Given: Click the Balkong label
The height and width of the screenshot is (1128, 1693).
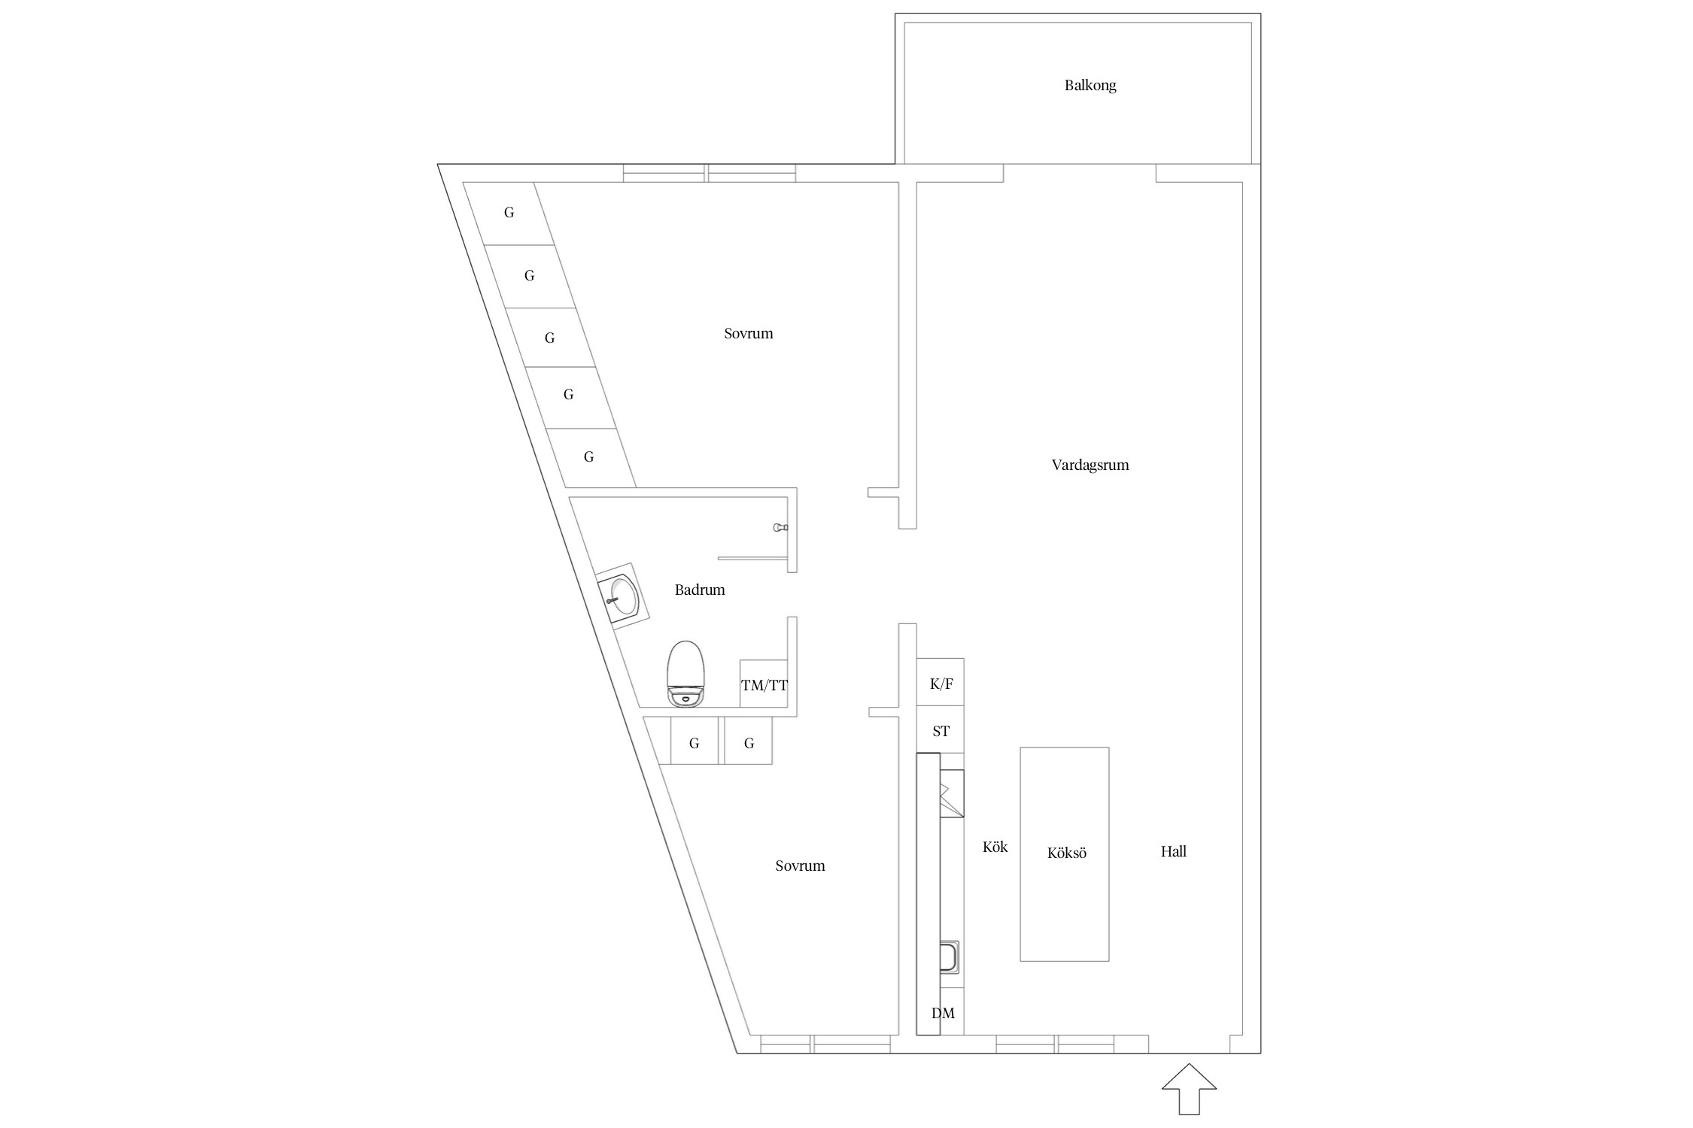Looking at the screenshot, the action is point(1090,85).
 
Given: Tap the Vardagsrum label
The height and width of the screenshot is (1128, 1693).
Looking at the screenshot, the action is point(1090,465).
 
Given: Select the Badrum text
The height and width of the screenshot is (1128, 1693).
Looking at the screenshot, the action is point(700,590).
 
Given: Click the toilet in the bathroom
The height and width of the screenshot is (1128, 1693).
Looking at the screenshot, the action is point(686,674).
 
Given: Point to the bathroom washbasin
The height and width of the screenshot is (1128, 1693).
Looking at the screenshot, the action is point(623,595).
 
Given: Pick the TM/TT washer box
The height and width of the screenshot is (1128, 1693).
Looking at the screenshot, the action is point(764,684).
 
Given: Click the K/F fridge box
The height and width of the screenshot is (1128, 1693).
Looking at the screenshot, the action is point(941,682).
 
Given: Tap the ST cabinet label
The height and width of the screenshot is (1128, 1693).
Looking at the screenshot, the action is point(941,731).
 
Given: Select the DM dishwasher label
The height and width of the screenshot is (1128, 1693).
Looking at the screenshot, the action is point(943,1013).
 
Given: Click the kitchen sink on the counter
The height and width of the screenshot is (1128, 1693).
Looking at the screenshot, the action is point(950,957).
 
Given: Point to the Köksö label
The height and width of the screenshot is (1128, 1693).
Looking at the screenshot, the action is point(1066,853).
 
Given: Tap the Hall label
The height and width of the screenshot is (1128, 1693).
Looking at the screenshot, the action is point(1173,851).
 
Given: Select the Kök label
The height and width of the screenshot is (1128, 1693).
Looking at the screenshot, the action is point(995,847).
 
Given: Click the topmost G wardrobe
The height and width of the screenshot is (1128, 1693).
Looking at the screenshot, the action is point(509,213).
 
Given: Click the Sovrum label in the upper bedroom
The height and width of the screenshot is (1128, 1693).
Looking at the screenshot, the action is point(749,333).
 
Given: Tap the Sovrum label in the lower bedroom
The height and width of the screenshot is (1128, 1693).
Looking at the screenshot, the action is point(800,866).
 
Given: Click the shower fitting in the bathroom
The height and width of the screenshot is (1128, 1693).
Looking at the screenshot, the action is point(780,528).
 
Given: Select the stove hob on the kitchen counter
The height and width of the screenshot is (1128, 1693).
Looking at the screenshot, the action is point(952,793).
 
